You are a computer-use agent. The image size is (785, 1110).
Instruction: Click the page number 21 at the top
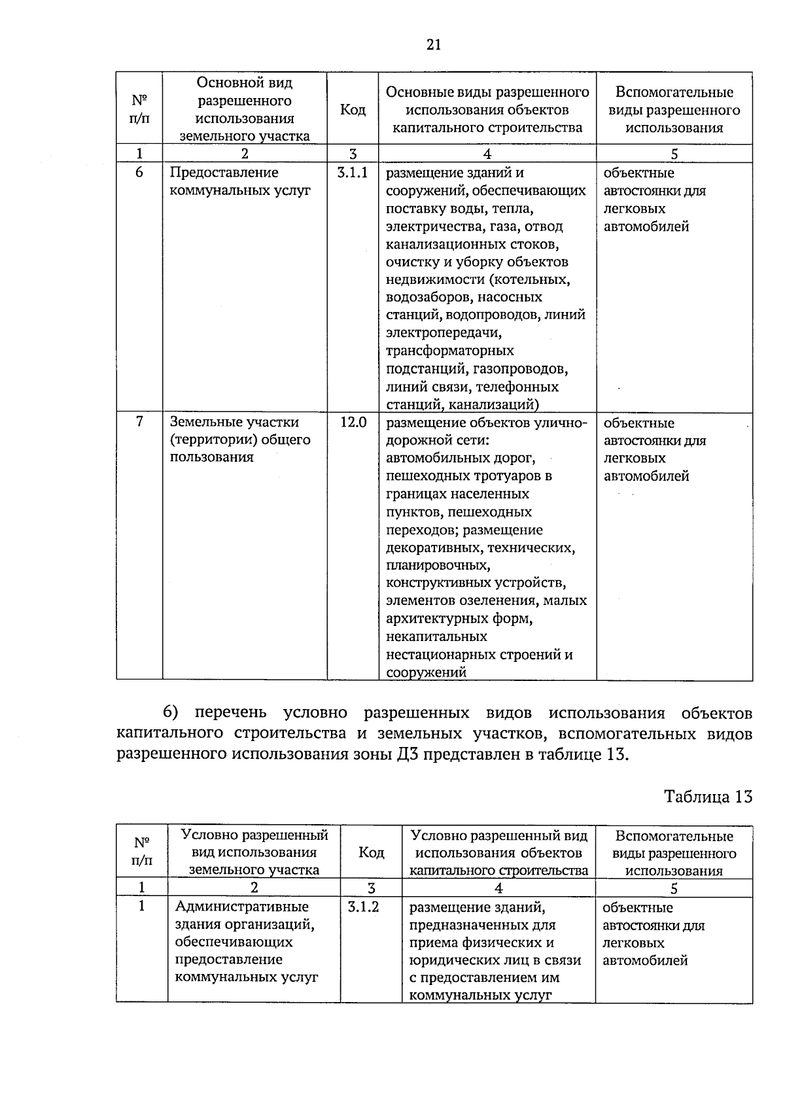pyautogui.click(x=433, y=44)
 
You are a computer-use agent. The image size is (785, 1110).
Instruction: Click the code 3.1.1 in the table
pyautogui.click(x=352, y=173)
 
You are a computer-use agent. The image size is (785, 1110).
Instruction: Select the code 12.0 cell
pyautogui.click(x=353, y=422)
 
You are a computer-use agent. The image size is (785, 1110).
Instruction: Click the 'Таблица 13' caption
pyautogui.click(x=708, y=797)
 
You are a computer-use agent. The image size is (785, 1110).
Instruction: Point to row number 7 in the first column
pyautogui.click(x=139, y=422)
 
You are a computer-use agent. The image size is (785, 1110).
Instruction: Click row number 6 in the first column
pyautogui.click(x=139, y=173)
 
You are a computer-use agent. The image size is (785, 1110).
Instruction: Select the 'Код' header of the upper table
pyautogui.click(x=353, y=109)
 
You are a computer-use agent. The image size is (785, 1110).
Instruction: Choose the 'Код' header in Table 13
pyautogui.click(x=371, y=852)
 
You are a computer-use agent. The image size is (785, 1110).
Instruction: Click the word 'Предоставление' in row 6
pyautogui.click(x=224, y=173)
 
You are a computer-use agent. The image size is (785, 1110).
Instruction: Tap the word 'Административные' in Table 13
pyautogui.click(x=241, y=907)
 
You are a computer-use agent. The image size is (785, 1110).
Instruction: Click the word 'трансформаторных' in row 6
pyautogui.click(x=449, y=351)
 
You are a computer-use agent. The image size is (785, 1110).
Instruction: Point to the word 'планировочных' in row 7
pyautogui.click(x=437, y=565)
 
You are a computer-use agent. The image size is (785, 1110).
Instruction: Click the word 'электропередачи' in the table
pyautogui.click(x=443, y=333)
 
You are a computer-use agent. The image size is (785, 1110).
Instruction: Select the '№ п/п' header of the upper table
pyautogui.click(x=139, y=109)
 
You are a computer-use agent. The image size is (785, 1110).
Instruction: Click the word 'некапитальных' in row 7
pyautogui.click(x=436, y=636)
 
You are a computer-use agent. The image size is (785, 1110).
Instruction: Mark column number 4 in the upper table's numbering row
pyautogui.click(x=487, y=154)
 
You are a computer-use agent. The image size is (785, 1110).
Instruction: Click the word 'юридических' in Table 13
pyautogui.click(x=448, y=960)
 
